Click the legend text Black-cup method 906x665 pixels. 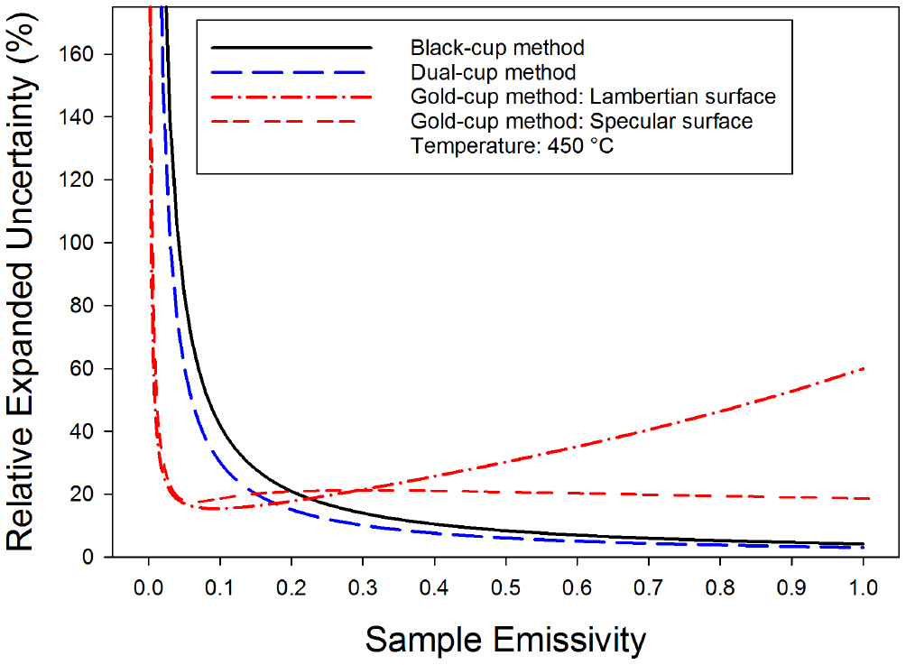pos(496,47)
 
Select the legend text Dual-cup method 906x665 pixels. pos(493,71)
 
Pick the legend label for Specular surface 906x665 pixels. pos(581,120)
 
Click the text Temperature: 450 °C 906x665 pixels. pos(511,144)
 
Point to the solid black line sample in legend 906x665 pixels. pos(291,47)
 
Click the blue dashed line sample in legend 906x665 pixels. pos(291,71)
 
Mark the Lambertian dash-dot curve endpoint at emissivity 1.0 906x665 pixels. pos(864,368)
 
